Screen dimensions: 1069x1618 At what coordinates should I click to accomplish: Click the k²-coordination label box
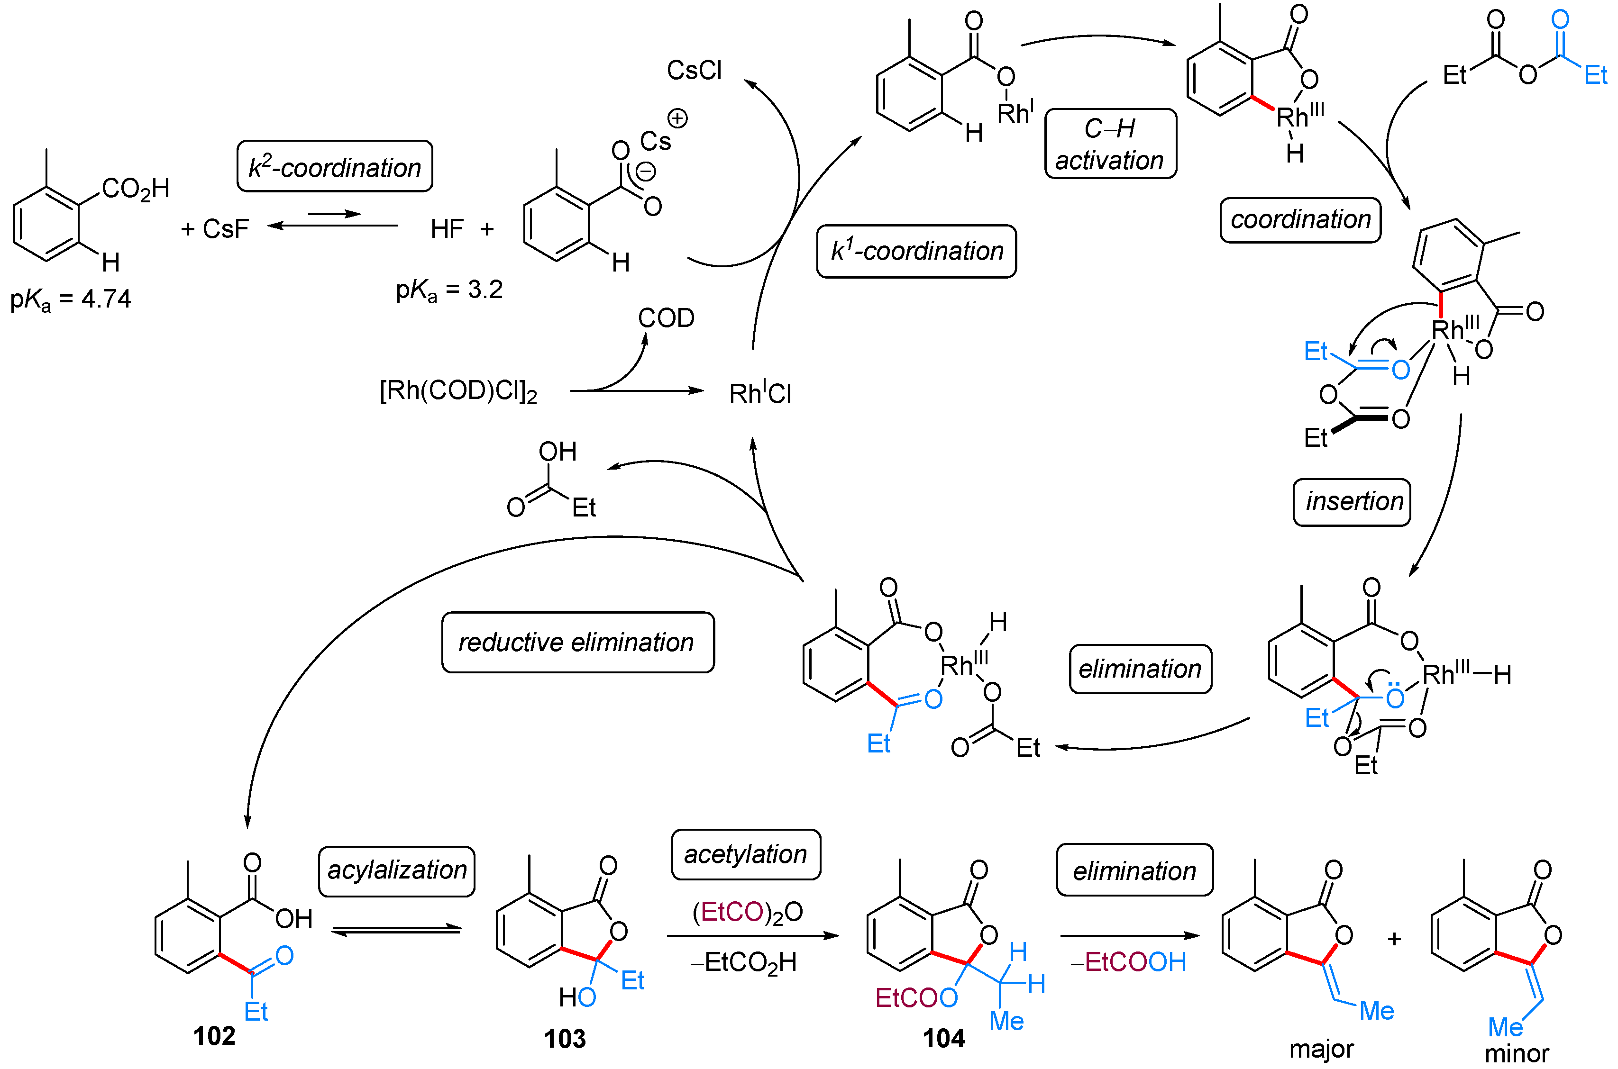coord(334,166)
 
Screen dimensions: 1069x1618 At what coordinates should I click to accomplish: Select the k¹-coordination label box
coord(916,251)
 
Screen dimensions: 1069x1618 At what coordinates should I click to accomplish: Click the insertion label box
coord(1351,502)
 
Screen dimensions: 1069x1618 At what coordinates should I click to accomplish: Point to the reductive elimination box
coord(577,642)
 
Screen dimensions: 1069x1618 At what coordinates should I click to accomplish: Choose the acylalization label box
coord(396,870)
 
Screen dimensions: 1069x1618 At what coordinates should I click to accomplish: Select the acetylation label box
coord(746,854)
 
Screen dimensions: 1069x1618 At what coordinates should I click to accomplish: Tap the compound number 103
coord(564,1038)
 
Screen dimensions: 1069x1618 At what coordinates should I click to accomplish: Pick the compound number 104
coord(943,1038)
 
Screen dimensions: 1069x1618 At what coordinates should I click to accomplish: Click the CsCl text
coord(694,70)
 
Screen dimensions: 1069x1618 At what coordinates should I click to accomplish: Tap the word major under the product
coord(1321,1049)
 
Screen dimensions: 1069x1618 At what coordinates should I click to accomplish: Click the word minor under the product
coord(1517,1053)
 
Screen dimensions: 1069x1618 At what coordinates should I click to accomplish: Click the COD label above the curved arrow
coord(666,317)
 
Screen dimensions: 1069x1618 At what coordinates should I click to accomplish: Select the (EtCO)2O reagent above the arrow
coord(747,912)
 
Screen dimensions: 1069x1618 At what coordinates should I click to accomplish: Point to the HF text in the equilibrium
coord(447,229)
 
